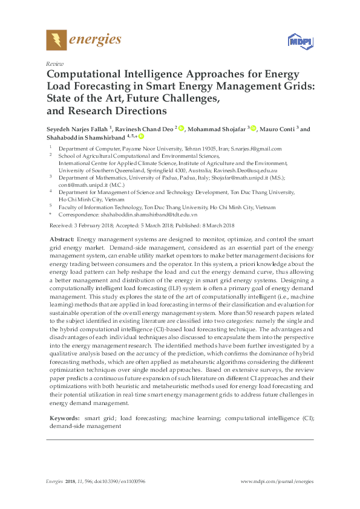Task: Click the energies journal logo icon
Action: point(56,41)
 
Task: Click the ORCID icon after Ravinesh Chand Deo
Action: point(180,129)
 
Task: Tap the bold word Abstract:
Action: point(61,240)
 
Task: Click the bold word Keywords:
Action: point(64,418)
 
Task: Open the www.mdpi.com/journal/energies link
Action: point(277,481)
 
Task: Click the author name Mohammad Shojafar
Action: point(216,129)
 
